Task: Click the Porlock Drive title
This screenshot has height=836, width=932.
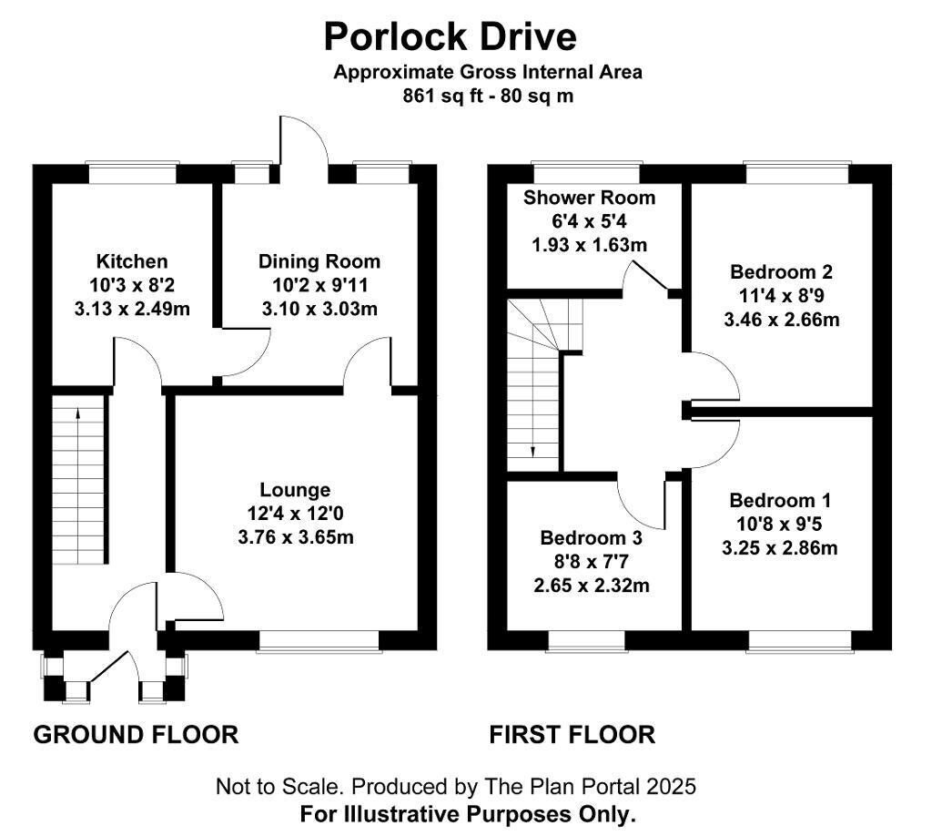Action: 450,37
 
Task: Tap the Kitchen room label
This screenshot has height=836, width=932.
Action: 132,262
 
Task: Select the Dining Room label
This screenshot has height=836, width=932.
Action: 319,262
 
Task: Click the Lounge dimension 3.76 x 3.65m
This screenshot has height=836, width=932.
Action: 295,536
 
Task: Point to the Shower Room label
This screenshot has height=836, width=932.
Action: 588,198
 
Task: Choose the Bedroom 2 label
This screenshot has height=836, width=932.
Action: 781,271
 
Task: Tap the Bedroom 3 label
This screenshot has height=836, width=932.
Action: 591,537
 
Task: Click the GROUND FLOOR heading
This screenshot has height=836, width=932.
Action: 136,734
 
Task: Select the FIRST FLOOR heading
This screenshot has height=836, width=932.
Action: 572,734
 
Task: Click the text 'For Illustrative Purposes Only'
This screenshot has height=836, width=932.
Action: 467,813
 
